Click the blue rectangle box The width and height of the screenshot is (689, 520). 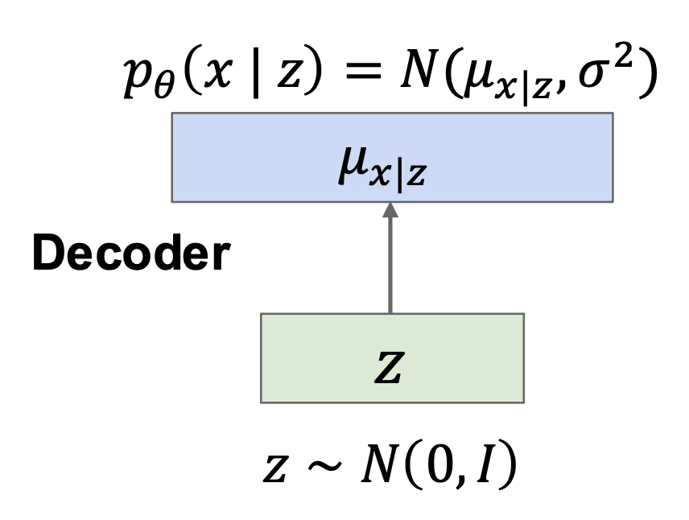coord(241,157)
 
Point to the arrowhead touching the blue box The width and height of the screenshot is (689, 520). coord(390,209)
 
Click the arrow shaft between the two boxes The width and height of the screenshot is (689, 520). coord(390,266)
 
